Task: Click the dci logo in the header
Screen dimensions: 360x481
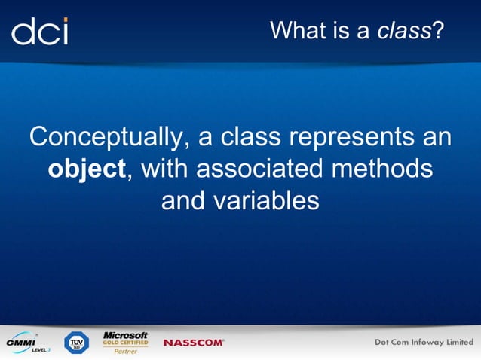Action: pyautogui.click(x=39, y=31)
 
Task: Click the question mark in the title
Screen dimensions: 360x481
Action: pyautogui.click(x=437, y=31)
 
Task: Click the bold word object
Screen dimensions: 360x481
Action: pyautogui.click(x=86, y=169)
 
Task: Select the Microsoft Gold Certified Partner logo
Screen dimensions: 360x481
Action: pyautogui.click(x=125, y=342)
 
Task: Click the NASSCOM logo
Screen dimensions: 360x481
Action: pyautogui.click(x=194, y=343)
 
